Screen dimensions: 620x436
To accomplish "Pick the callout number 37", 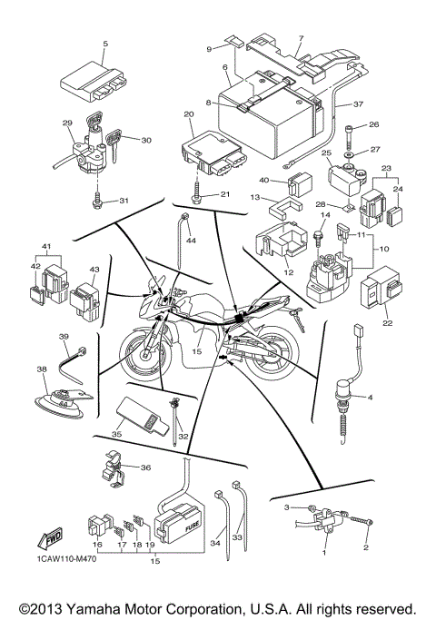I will click(358, 104).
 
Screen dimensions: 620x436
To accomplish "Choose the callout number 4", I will click(395, 397).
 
